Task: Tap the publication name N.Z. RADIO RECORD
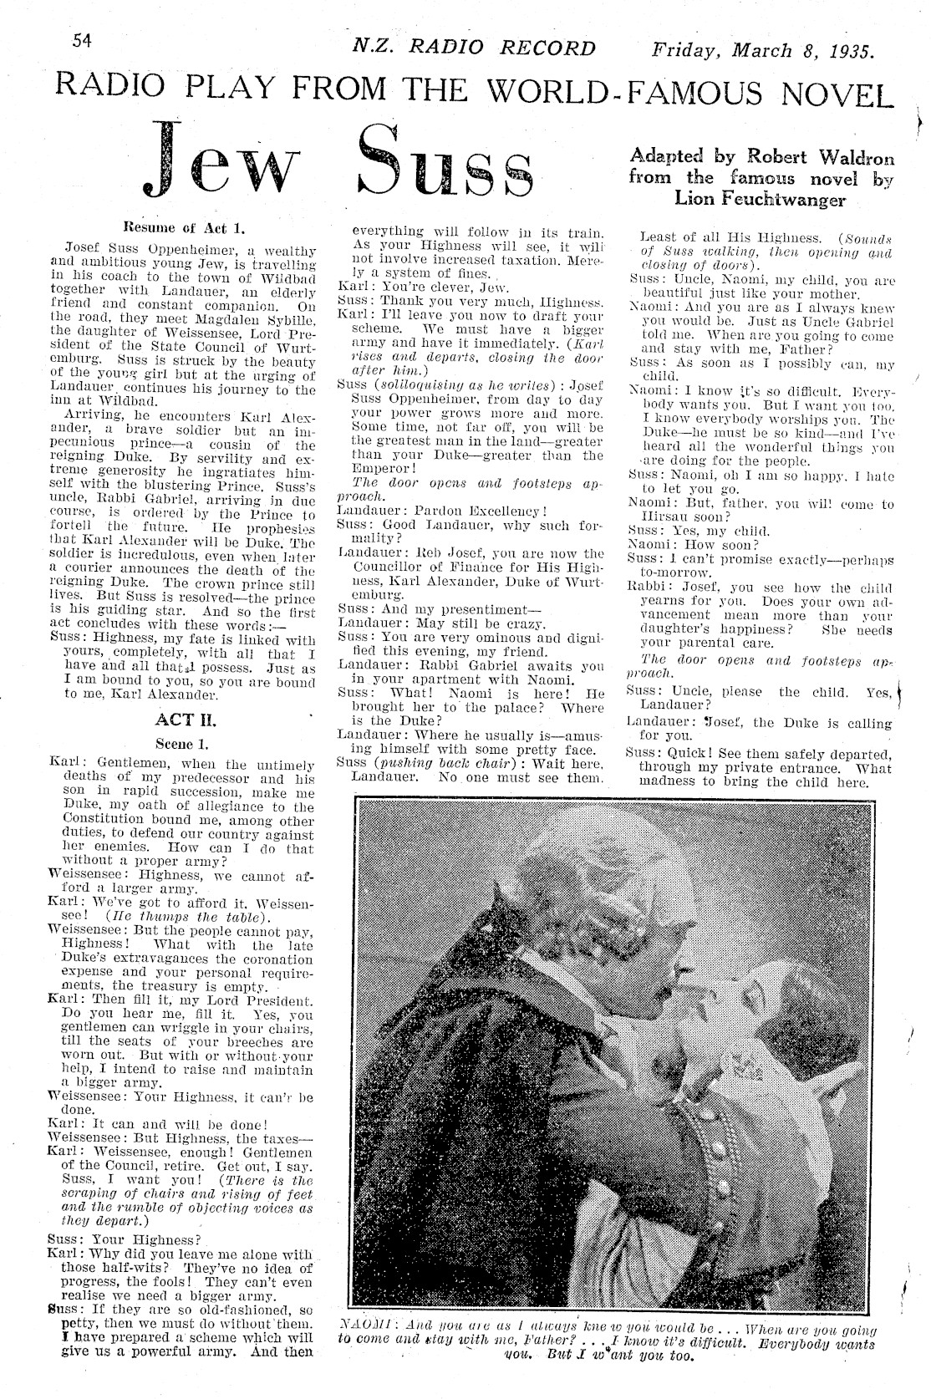pos(474,48)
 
